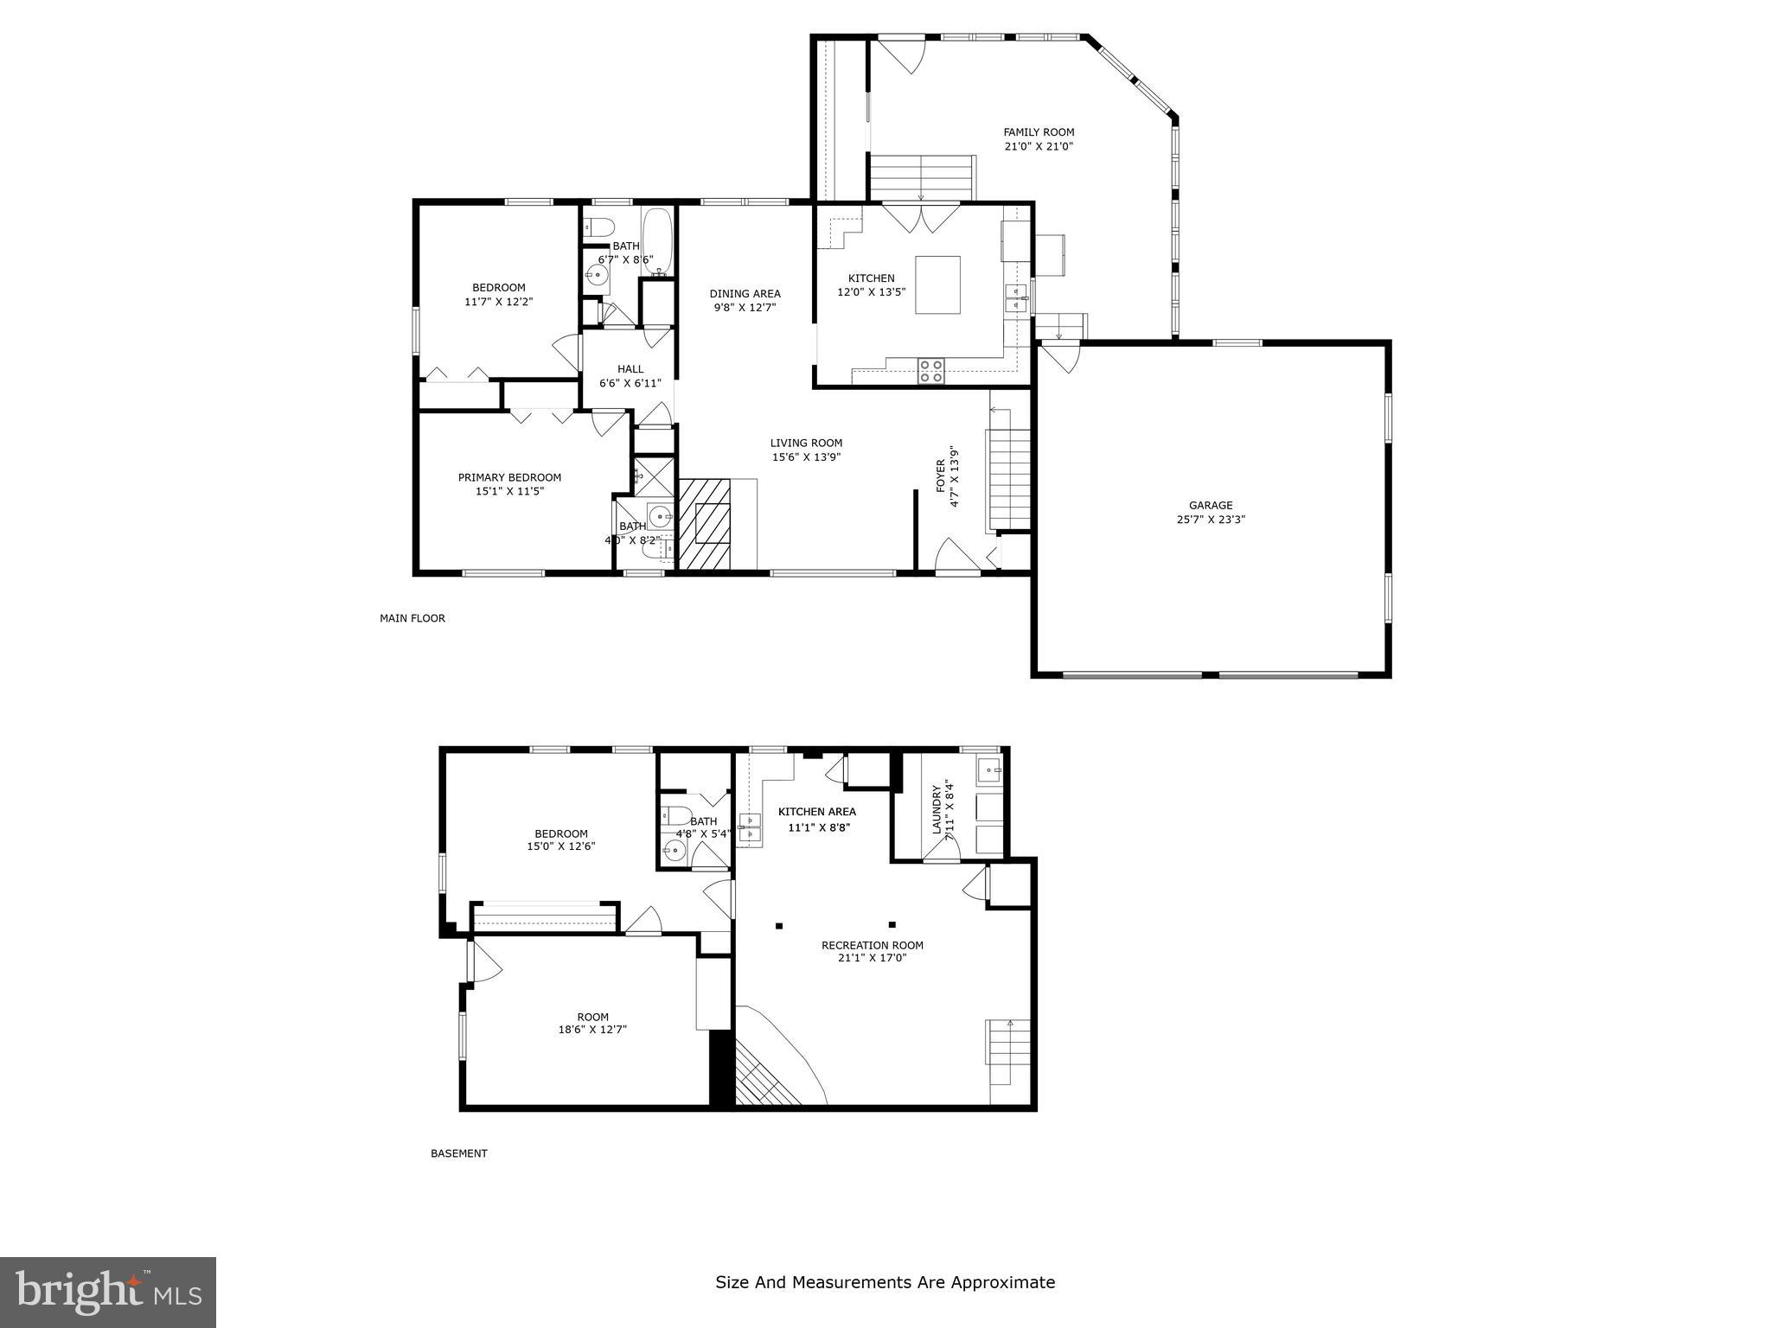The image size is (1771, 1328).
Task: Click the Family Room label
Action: tap(1039, 132)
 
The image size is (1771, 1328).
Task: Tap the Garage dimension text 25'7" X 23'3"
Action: tap(1211, 520)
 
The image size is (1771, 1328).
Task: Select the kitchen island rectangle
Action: tap(937, 284)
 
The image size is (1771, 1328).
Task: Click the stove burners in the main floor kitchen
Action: tap(931, 371)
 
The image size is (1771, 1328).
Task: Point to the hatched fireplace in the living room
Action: tap(705, 524)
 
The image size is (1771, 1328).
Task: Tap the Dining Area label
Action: tap(745, 293)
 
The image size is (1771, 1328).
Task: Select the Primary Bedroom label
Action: tap(509, 477)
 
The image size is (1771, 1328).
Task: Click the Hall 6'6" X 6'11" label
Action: tap(630, 376)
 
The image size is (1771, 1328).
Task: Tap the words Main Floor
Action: tap(412, 618)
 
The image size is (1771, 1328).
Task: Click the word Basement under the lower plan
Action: tap(459, 1153)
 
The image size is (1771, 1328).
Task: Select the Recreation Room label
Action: tap(872, 945)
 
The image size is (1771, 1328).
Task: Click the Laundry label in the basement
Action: tap(936, 809)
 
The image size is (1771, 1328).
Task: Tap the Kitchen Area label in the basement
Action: tap(816, 811)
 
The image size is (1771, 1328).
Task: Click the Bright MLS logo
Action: tap(108, 1293)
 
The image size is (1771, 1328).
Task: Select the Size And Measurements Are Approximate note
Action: tap(885, 1282)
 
